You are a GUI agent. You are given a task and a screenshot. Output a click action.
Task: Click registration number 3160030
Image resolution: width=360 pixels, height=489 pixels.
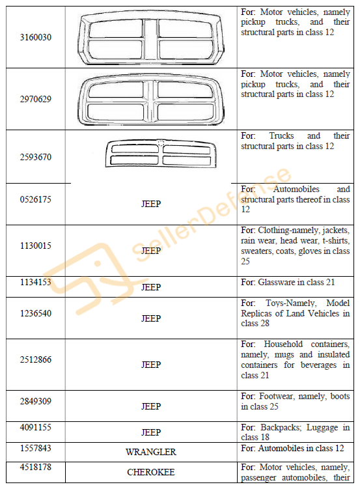(x=36, y=37)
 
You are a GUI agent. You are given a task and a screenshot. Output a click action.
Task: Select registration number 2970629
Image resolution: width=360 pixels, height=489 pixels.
(x=36, y=99)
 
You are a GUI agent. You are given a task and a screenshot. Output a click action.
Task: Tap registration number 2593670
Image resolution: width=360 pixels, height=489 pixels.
(x=36, y=157)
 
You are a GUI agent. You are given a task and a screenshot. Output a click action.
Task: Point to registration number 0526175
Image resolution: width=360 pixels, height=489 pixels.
(x=36, y=199)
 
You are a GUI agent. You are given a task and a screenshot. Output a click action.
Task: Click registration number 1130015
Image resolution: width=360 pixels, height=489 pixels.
(x=36, y=245)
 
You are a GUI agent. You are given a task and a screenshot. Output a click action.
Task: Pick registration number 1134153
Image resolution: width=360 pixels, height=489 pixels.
(x=36, y=282)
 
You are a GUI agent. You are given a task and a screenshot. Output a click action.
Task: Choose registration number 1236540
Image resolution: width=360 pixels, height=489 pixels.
(x=36, y=313)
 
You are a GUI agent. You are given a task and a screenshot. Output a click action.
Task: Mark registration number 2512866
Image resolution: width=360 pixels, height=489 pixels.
(x=36, y=359)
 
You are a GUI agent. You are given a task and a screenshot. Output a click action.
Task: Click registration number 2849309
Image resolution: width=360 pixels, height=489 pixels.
(x=36, y=401)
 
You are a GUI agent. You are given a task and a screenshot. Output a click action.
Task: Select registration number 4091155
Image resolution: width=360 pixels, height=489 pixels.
(x=36, y=427)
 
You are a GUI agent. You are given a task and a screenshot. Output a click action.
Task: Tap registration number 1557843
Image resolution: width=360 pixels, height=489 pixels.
(x=36, y=448)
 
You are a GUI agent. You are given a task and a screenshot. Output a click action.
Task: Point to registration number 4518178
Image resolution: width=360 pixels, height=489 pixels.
(x=36, y=467)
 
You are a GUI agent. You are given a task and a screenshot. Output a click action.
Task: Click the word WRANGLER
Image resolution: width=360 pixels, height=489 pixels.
(x=151, y=452)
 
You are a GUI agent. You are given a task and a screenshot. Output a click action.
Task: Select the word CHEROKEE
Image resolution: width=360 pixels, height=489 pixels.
(x=151, y=472)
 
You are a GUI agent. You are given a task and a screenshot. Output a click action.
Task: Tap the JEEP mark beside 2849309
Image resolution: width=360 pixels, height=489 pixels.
(x=151, y=406)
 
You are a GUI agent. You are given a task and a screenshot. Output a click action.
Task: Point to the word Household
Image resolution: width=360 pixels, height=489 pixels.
(x=283, y=344)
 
